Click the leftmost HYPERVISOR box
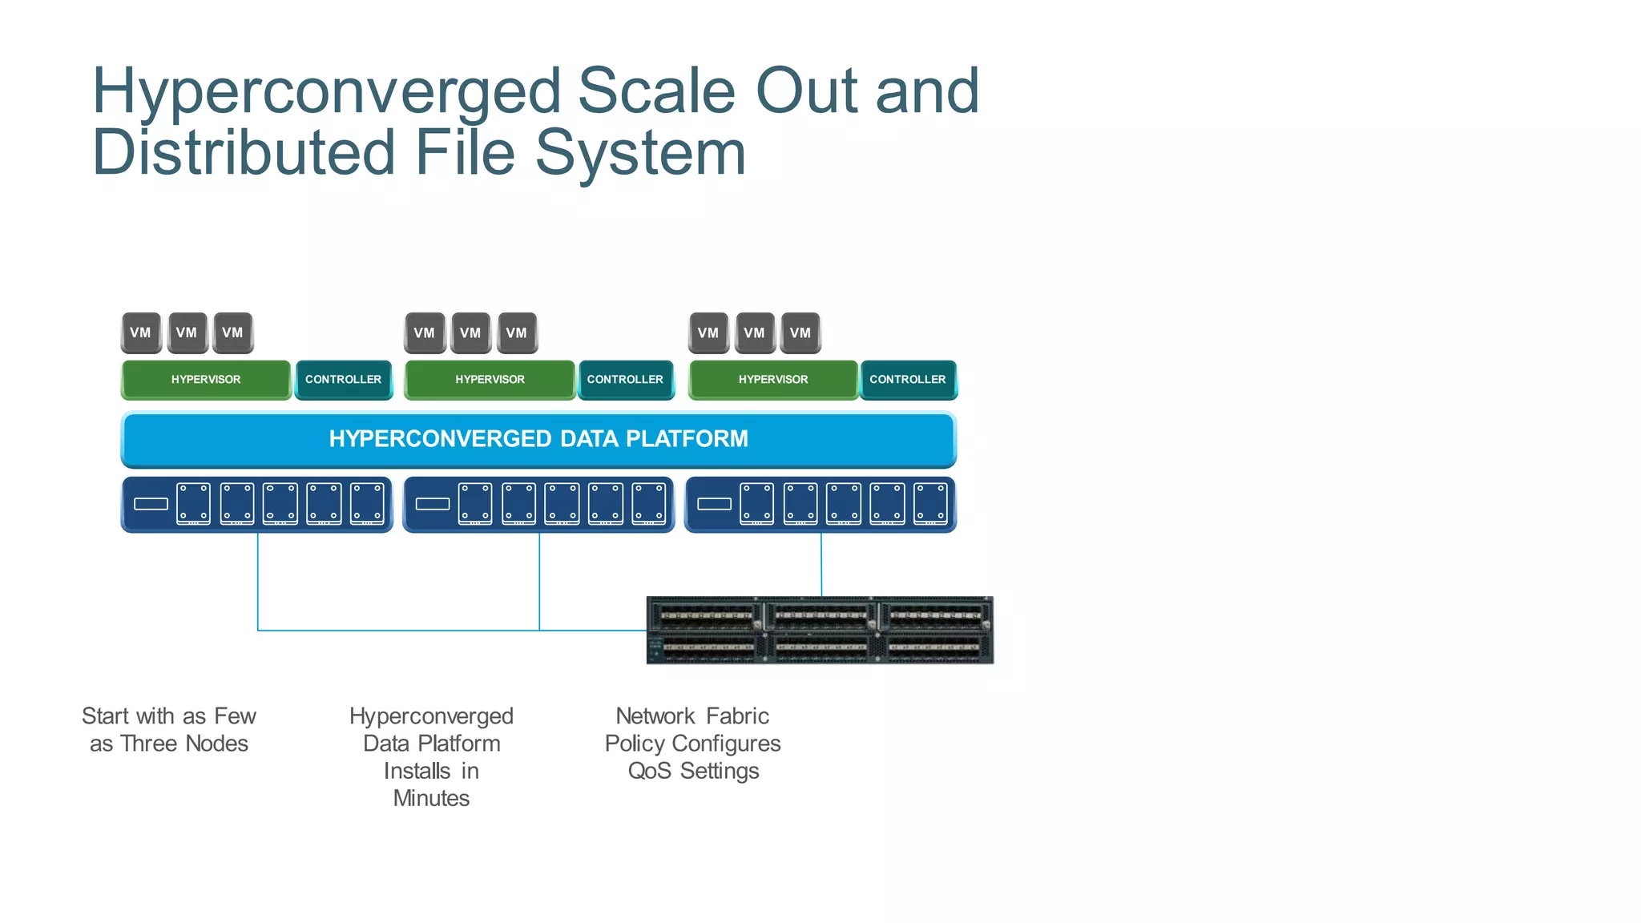(206, 379)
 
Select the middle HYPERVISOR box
(490, 379)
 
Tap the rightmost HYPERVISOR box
(773, 379)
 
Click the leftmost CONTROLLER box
(343, 379)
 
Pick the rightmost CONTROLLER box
(908, 379)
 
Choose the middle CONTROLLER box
(625, 379)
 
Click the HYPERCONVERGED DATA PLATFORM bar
(538, 439)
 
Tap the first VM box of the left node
(140, 333)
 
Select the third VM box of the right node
(800, 333)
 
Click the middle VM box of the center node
(470, 333)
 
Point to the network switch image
(820, 630)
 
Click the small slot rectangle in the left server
(151, 504)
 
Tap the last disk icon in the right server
(930, 504)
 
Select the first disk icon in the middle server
(475, 504)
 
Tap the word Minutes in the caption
(431, 798)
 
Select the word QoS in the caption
(650, 771)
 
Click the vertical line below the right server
(821, 564)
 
